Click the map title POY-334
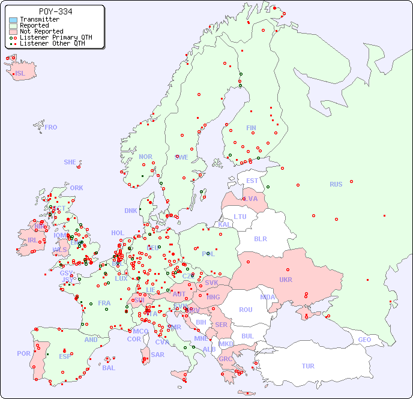(x=55, y=11)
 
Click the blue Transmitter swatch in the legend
(x=13, y=20)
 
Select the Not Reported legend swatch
(x=13, y=32)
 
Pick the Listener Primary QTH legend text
(x=56, y=37)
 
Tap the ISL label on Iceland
(x=20, y=74)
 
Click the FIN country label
(x=251, y=128)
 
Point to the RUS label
(x=336, y=185)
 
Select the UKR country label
(x=286, y=280)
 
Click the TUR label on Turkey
(x=308, y=366)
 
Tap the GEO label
(x=364, y=340)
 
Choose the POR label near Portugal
(x=23, y=354)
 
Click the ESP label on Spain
(x=65, y=356)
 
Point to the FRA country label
(x=104, y=304)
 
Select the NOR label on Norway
(x=145, y=157)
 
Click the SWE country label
(x=181, y=158)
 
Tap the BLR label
(x=261, y=239)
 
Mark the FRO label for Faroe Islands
(x=50, y=128)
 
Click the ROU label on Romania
(x=246, y=310)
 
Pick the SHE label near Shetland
(x=70, y=163)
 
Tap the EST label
(x=252, y=181)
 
